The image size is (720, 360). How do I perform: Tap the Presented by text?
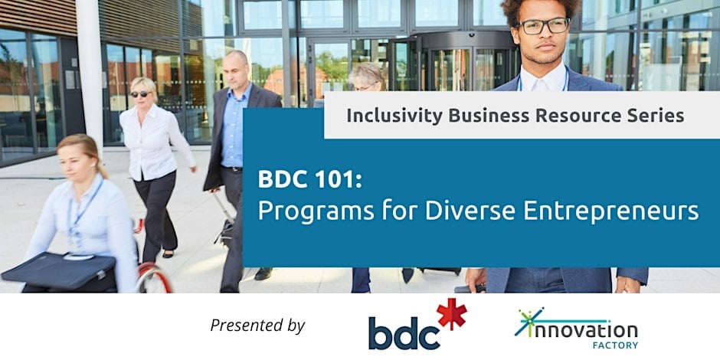[257, 325]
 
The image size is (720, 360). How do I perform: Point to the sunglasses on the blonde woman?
[140, 93]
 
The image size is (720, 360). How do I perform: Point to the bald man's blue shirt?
[234, 126]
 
